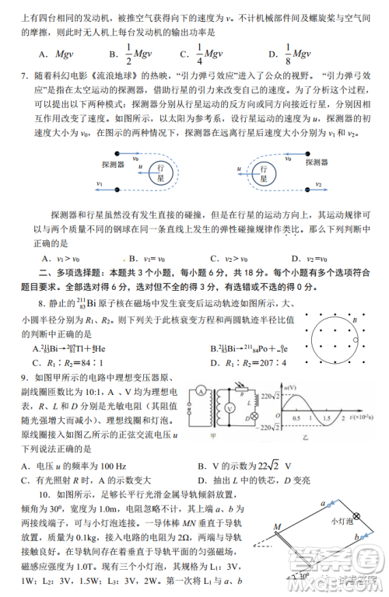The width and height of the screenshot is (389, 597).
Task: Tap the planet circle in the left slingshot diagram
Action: pyautogui.click(x=160, y=171)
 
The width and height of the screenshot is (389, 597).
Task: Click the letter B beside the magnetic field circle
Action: pyautogui.click(x=354, y=318)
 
